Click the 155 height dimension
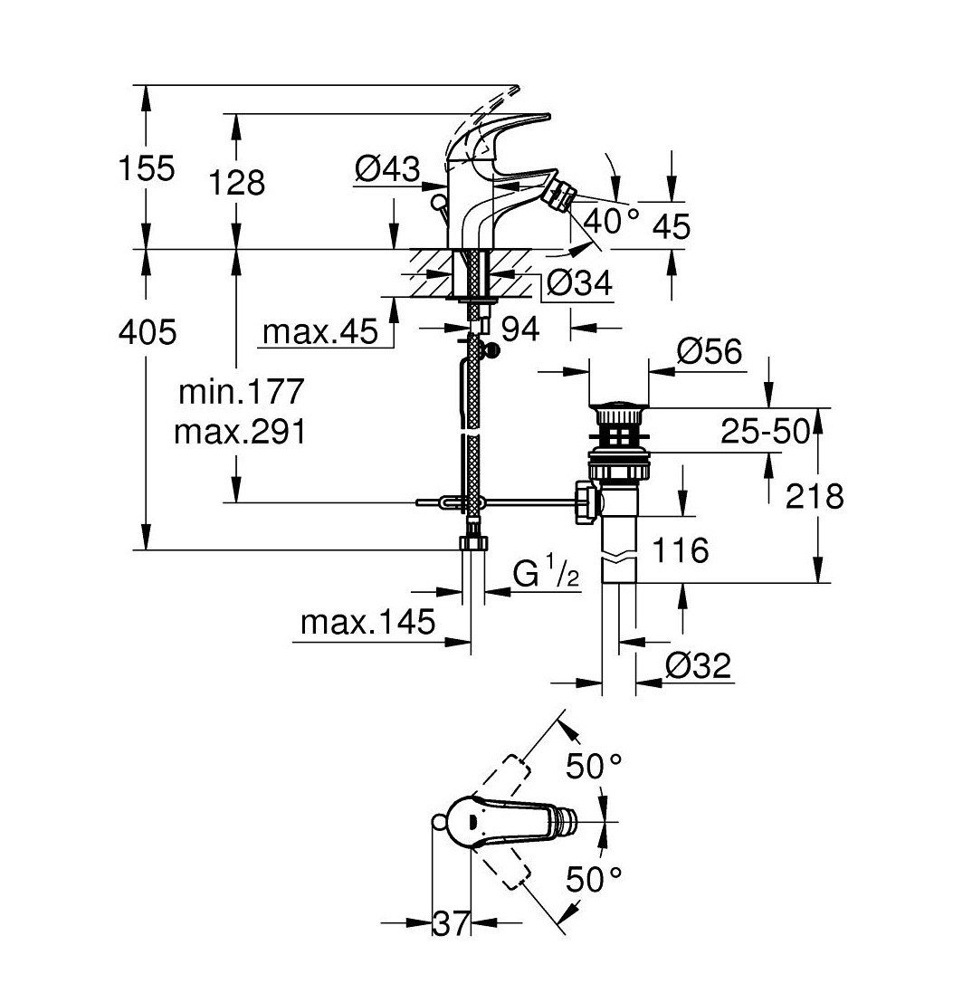[147, 169]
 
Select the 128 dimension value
[237, 183]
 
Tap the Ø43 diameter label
[388, 169]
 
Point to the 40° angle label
[611, 222]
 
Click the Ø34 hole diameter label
[579, 283]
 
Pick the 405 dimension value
[148, 332]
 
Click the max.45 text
[320, 332]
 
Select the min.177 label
[242, 392]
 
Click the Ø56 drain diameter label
[710, 351]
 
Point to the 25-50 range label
[766, 432]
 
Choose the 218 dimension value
[815, 496]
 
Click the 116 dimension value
[680, 549]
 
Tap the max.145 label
[368, 623]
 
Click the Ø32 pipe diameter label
[699, 665]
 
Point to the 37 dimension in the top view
[451, 923]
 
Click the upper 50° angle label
[594, 767]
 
